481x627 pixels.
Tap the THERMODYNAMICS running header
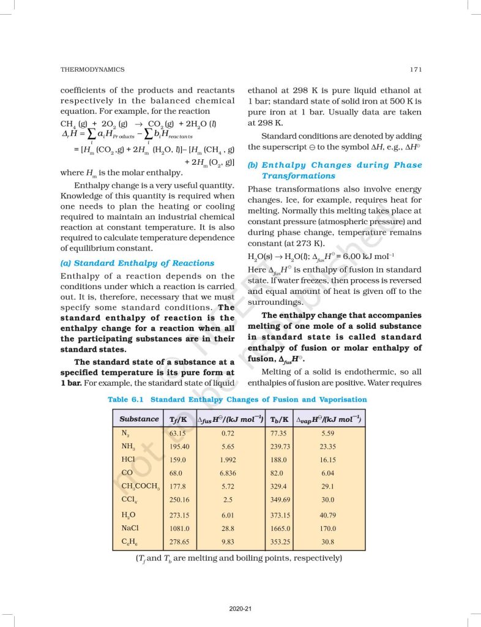[x=92, y=70]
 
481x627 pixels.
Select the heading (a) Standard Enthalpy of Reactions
[x=138, y=263]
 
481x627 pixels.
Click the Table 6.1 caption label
[x=127, y=399]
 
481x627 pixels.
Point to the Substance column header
[x=139, y=419]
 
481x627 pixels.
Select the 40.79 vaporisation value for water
[x=328, y=515]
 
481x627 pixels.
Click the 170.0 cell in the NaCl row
[x=328, y=528]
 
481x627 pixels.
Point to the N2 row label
[x=127, y=433]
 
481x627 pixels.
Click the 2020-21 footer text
[x=240, y=609]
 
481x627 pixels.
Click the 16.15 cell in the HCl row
[x=328, y=460]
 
